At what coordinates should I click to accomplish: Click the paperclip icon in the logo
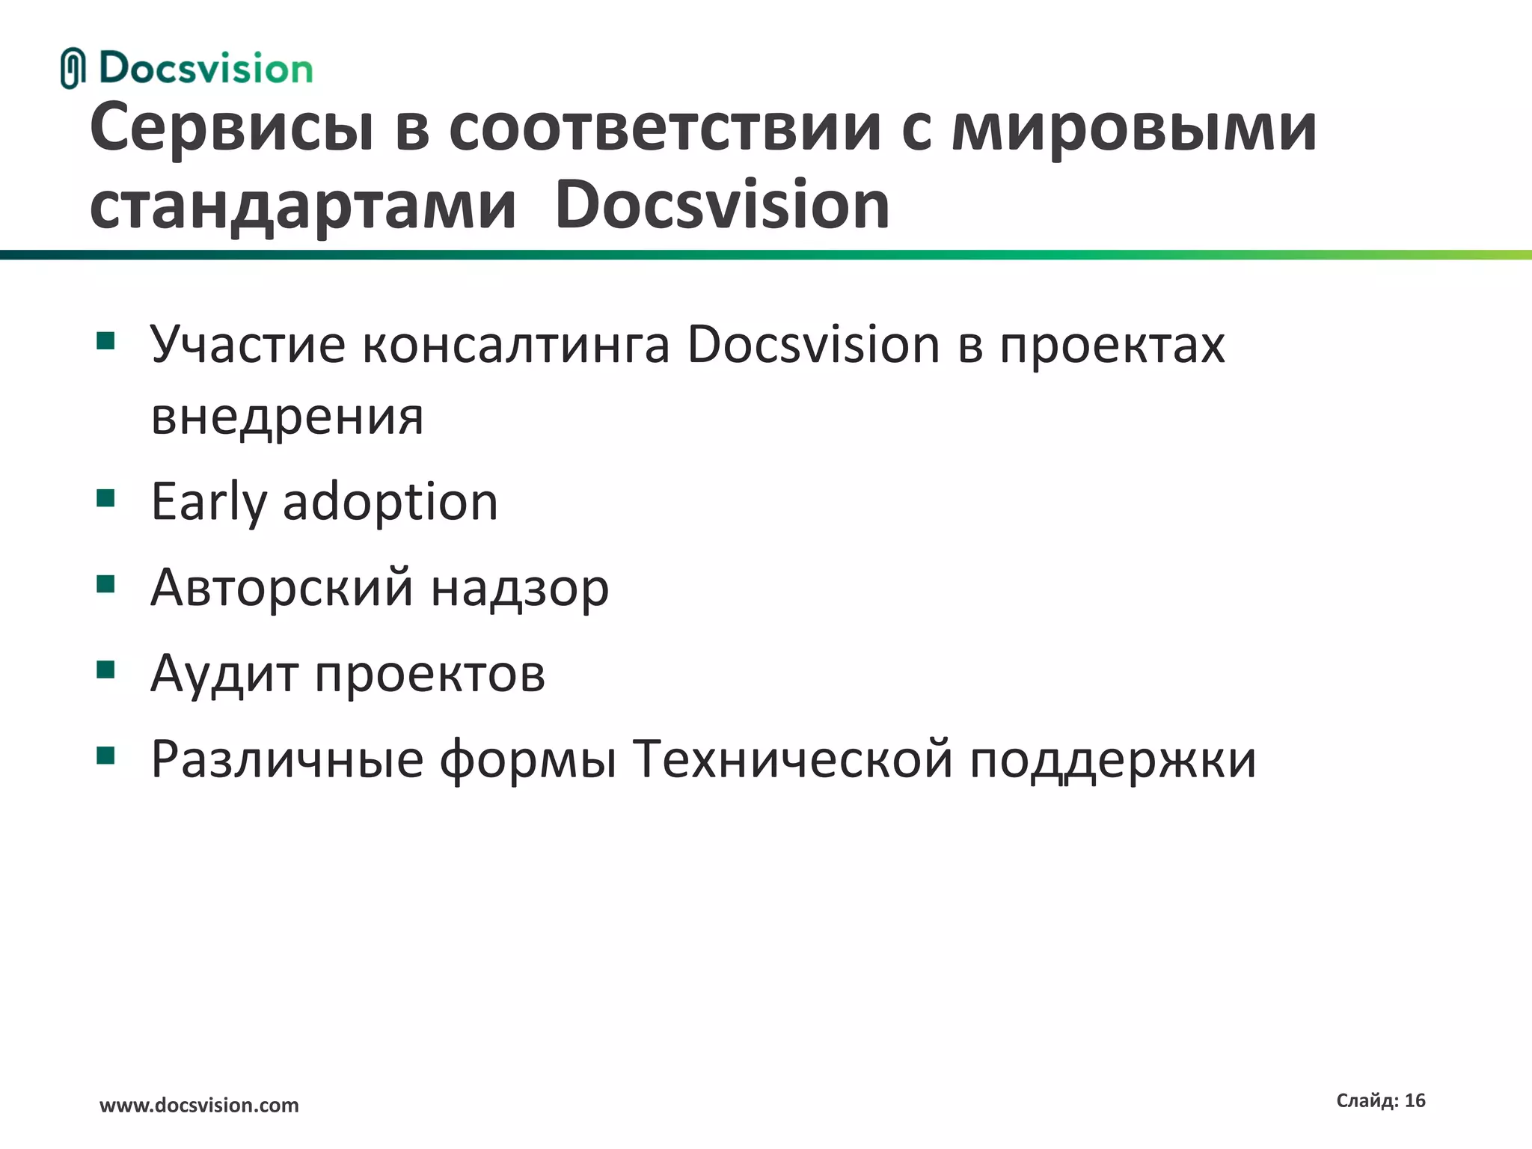click(x=73, y=68)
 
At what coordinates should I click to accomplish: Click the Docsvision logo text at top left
click(x=206, y=69)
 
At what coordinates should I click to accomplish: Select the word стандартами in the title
click(x=303, y=206)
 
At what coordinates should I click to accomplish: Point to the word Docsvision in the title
click(x=722, y=206)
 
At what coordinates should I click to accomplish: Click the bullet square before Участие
click(x=105, y=342)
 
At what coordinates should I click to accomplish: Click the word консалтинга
click(x=515, y=346)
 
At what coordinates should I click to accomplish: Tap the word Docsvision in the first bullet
click(x=813, y=346)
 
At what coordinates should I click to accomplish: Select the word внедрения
click(x=287, y=417)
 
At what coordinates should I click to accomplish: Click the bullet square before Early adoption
click(x=105, y=498)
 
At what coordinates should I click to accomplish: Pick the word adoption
click(x=390, y=503)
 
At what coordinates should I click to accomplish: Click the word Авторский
click(x=282, y=588)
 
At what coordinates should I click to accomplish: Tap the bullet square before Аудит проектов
click(x=105, y=669)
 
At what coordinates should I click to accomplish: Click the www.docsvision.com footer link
click(x=199, y=1105)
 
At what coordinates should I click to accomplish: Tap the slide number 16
click(x=1415, y=1100)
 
